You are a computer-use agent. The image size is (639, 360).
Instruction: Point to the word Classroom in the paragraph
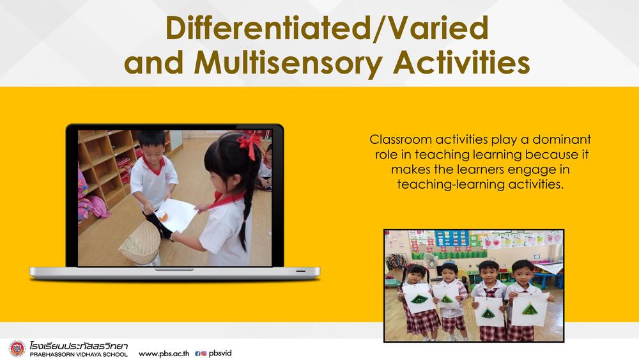(401, 139)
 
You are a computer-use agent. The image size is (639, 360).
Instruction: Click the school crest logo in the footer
(17, 348)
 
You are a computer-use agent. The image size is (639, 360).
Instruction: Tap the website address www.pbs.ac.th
(164, 354)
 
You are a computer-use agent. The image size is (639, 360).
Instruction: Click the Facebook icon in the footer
(197, 354)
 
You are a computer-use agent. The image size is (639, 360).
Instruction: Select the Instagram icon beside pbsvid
(204, 354)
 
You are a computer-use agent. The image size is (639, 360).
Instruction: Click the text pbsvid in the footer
(220, 353)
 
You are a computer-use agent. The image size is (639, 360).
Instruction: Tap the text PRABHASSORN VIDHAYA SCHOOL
(79, 355)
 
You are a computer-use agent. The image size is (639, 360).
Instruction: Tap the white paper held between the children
(176, 215)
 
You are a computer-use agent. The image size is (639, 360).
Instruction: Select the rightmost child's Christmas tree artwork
(529, 309)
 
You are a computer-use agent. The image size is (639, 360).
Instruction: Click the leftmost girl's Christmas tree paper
(418, 299)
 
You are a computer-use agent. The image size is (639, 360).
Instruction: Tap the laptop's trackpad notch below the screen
(174, 269)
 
